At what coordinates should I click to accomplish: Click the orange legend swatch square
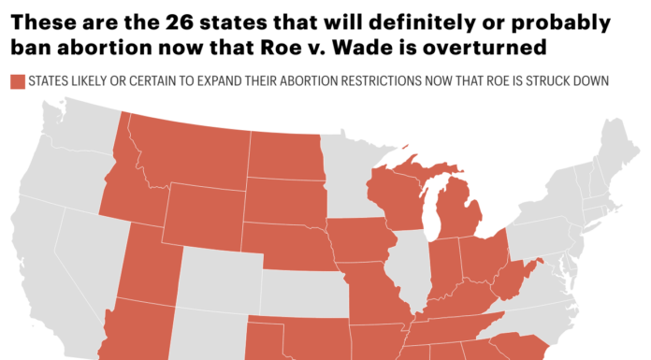(17, 82)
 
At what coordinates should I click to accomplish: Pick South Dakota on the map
(284, 200)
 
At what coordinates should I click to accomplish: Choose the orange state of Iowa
(360, 239)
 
